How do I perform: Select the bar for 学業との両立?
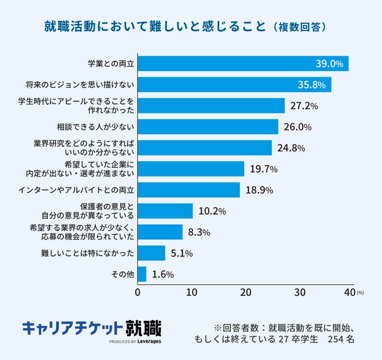point(243,63)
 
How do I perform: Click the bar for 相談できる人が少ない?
point(208,127)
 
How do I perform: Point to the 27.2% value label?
point(304,106)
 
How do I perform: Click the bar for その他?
point(142,274)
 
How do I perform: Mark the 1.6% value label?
point(162,275)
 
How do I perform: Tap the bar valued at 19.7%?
point(191,169)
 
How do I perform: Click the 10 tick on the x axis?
point(192,293)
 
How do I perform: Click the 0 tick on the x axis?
point(138,293)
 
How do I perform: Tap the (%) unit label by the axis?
point(360,293)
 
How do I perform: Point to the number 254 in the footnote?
point(331,339)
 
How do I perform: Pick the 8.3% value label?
point(198,232)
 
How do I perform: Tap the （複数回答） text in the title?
point(297,27)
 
